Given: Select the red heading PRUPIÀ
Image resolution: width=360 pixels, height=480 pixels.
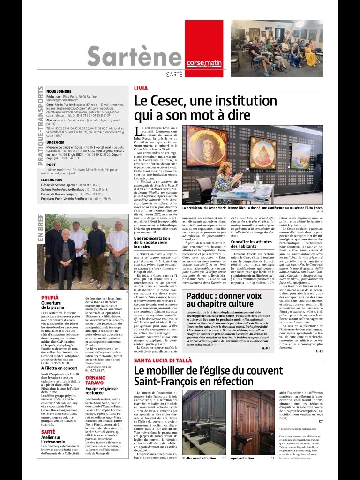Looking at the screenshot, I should [50, 298].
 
